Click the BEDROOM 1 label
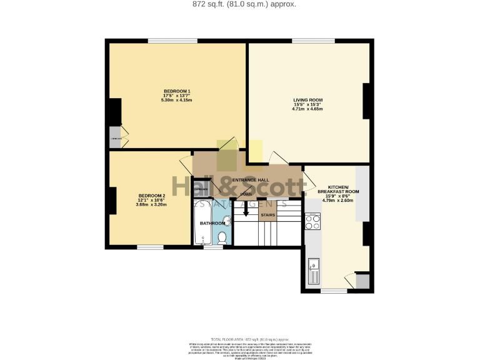[x=176, y=91]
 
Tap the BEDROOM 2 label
[x=151, y=195]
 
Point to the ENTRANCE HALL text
[x=251, y=180]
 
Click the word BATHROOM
[x=212, y=223]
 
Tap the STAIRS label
[x=267, y=215]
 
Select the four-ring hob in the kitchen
[x=312, y=221]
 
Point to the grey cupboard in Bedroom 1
[x=115, y=139]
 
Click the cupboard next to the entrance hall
[x=201, y=187]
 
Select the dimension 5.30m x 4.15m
[x=176, y=100]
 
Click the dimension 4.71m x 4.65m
[x=307, y=109]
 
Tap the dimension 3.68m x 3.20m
[x=151, y=204]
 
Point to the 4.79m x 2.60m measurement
[x=337, y=201]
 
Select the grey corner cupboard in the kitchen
[x=362, y=281]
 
